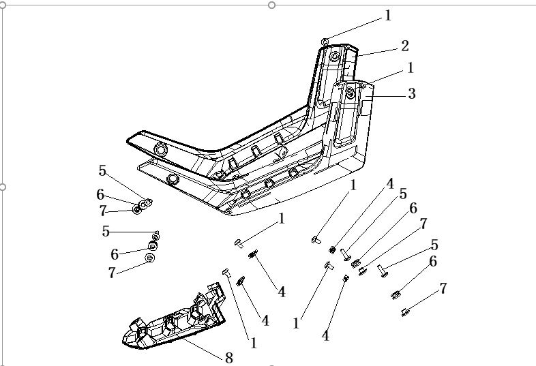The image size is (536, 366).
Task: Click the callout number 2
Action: coord(405,46)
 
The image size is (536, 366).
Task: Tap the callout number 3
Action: coord(411,94)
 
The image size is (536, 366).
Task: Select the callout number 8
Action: coord(228,357)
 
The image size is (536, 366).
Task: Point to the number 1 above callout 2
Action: coord(389,15)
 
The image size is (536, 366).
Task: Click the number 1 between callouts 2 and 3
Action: coord(411,68)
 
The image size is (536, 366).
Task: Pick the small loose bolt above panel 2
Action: coord(325,42)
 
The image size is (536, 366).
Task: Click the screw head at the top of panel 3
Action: coord(350,90)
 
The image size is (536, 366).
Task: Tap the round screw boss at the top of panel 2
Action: coord(334,57)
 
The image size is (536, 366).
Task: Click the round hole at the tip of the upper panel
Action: coord(161,149)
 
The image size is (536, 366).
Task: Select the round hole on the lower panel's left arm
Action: coord(173,179)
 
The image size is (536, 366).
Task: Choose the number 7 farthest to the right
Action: coord(443,288)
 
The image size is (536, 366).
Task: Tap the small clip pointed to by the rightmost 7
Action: coord(405,312)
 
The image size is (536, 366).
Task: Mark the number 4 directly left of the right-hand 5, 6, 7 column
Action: coord(390,183)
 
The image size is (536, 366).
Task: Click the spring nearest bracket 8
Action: coord(241,280)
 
